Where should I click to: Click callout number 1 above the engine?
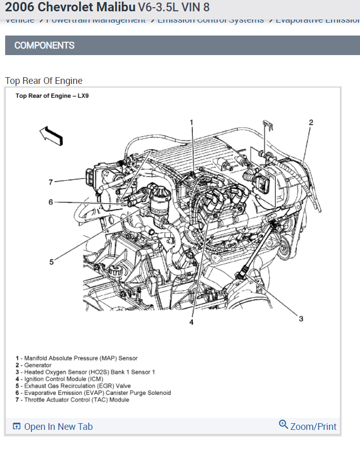click(191, 123)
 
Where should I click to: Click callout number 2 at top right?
click(311, 123)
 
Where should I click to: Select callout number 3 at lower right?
click(301, 319)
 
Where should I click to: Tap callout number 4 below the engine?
click(191, 322)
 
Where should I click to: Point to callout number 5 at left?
click(51, 262)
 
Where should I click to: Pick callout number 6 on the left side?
click(50, 202)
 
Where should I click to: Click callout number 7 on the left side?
click(50, 182)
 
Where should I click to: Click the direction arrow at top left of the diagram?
click(51, 135)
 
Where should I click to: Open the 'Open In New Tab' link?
click(58, 426)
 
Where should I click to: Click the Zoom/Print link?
click(313, 426)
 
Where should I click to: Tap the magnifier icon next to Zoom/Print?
click(283, 425)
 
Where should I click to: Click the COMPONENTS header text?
click(44, 45)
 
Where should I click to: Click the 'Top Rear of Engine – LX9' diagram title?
click(52, 96)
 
